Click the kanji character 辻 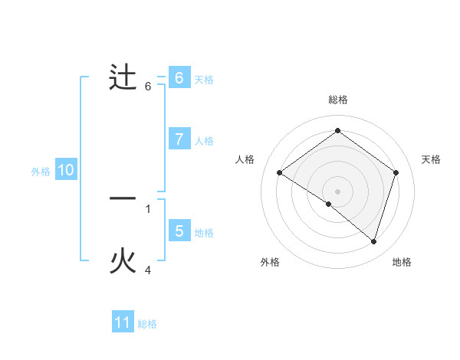[123, 78]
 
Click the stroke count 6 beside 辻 [148, 87]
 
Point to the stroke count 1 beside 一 [148, 208]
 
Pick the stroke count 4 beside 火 [148, 270]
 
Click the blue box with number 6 [179, 78]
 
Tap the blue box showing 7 [179, 139]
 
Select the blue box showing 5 [179, 231]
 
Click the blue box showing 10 [66, 171]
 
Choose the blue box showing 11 [123, 322]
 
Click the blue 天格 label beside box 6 [204, 80]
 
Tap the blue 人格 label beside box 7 [204, 141]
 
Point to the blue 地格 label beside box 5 [204, 233]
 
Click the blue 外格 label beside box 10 [41, 172]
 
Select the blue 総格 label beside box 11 [147, 324]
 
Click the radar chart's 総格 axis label [337, 100]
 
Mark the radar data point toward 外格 [329, 204]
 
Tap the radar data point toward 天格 [396, 173]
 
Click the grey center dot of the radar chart [337, 191]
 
